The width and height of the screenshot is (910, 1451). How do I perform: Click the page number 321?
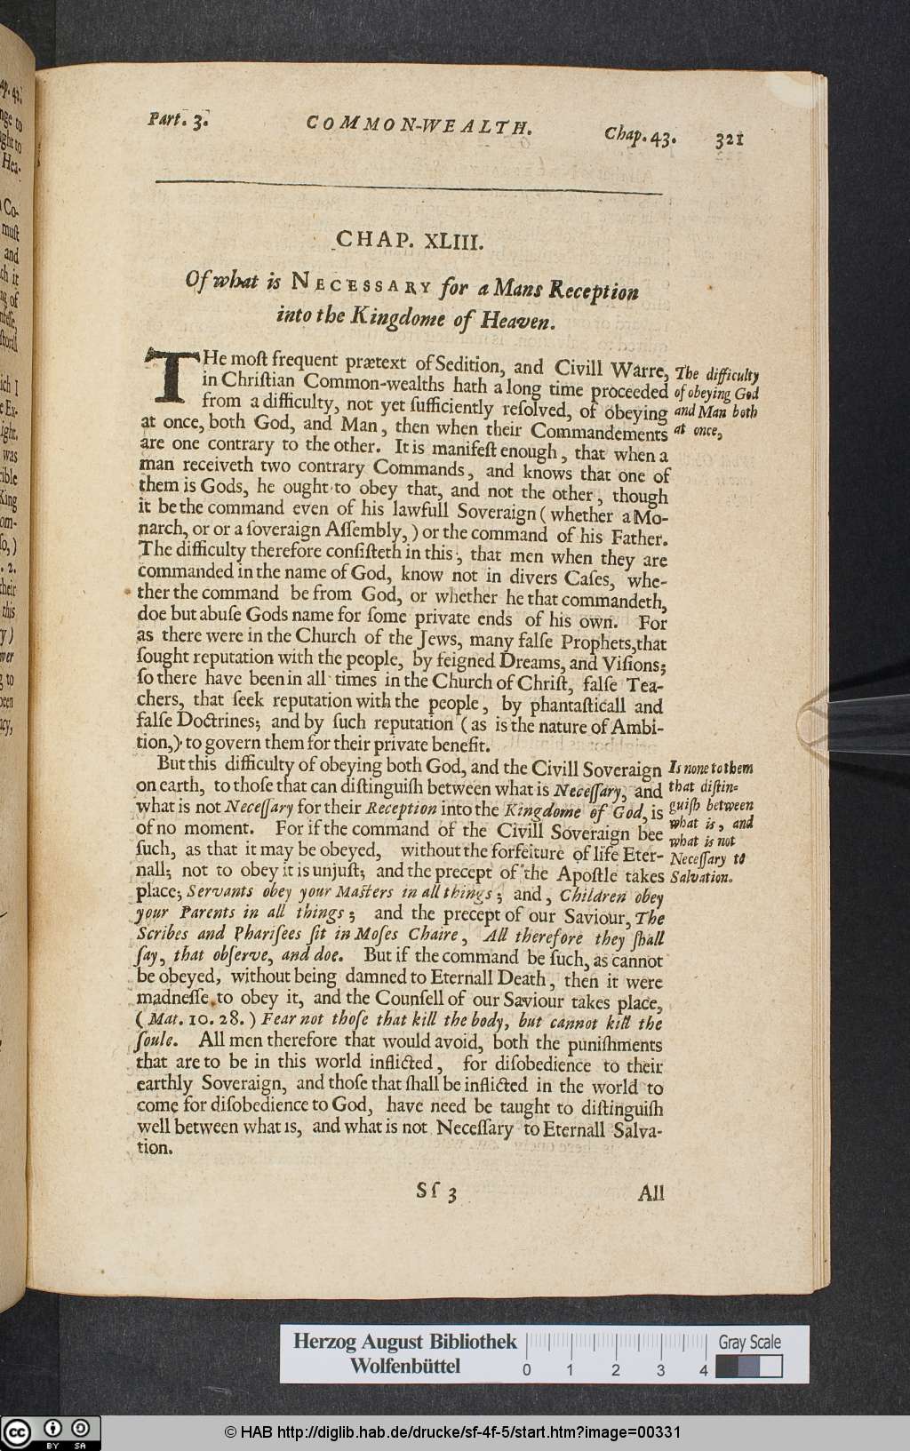point(729,140)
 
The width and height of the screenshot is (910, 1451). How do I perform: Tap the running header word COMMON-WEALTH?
point(419,125)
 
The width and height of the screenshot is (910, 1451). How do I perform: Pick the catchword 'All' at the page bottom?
point(651,1192)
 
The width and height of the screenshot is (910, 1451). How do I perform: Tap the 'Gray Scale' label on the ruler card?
point(750,1342)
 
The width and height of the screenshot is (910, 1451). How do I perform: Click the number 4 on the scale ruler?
point(704,1369)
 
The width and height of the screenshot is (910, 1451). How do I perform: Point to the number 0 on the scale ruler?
point(527,1369)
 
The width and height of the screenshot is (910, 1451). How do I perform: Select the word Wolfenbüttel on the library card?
point(404,1367)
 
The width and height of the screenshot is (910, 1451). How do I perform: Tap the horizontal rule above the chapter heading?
point(409,185)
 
